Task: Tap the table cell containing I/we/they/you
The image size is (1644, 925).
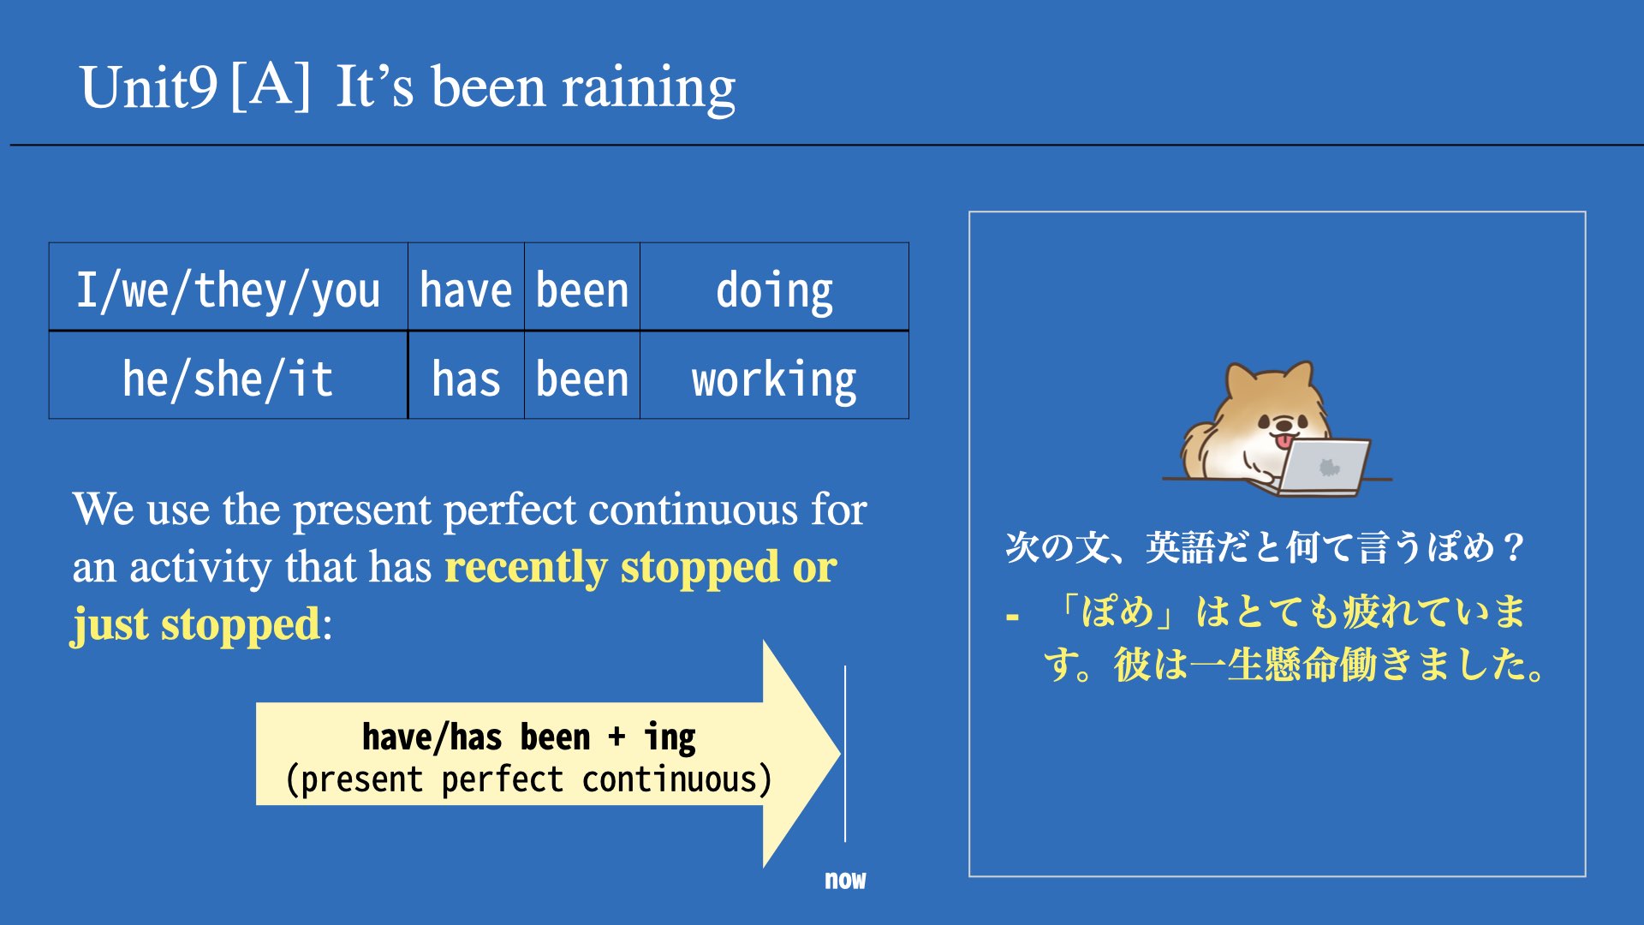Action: point(229,287)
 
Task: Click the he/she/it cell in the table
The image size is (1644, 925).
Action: point(229,376)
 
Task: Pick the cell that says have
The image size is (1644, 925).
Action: point(466,287)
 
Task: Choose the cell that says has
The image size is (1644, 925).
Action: point(466,376)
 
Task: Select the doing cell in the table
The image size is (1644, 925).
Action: point(774,287)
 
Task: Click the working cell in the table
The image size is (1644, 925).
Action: point(774,376)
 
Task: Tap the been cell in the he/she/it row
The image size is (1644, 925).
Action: point(582,376)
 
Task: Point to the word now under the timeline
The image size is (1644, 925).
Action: point(845,880)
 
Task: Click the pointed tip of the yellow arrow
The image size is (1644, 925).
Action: point(839,754)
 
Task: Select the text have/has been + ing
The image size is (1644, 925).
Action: point(528,737)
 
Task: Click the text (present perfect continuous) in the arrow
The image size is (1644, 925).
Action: point(528,779)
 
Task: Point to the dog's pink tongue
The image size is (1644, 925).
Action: point(1284,441)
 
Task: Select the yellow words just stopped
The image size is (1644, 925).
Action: point(196,624)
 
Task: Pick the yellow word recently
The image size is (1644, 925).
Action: point(526,567)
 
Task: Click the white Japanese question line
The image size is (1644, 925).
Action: point(1265,547)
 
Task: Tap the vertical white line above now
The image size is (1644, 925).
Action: point(845,754)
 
